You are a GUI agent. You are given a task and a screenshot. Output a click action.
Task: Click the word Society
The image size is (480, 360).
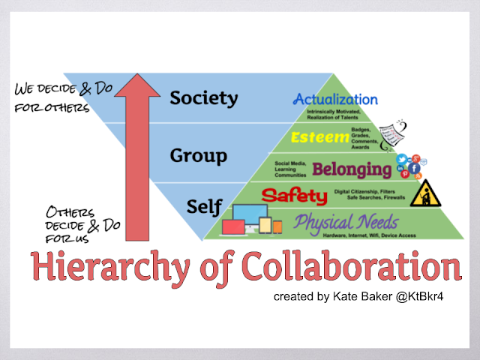tap(203, 98)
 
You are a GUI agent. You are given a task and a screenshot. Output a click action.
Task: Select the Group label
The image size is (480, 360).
tap(198, 156)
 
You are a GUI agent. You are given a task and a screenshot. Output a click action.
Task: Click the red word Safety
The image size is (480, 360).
tap(295, 197)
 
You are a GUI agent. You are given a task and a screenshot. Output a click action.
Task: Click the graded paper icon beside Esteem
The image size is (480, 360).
tap(393, 133)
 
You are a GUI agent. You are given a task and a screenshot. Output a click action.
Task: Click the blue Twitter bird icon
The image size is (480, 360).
tap(402, 159)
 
